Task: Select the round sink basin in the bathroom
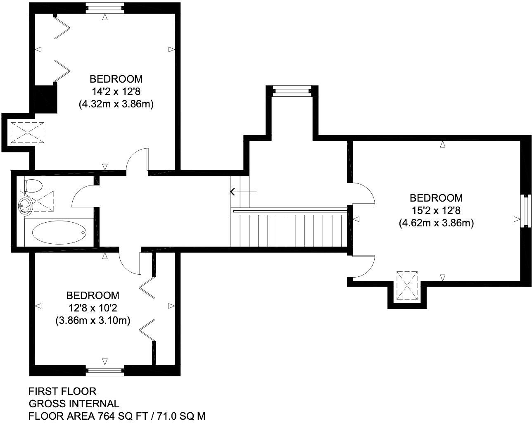click(x=26, y=204)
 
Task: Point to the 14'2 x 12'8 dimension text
click(x=116, y=91)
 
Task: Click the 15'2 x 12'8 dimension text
click(x=436, y=211)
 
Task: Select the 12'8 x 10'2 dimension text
click(x=93, y=308)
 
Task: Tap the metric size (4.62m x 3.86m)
click(x=436, y=223)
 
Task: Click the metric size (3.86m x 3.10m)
click(x=93, y=320)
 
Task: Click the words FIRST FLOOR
click(x=62, y=391)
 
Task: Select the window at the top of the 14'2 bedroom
click(x=105, y=6)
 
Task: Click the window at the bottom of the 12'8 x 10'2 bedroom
click(x=105, y=370)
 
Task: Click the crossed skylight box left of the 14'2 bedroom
click(x=28, y=133)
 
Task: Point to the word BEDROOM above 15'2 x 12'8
click(x=436, y=198)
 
